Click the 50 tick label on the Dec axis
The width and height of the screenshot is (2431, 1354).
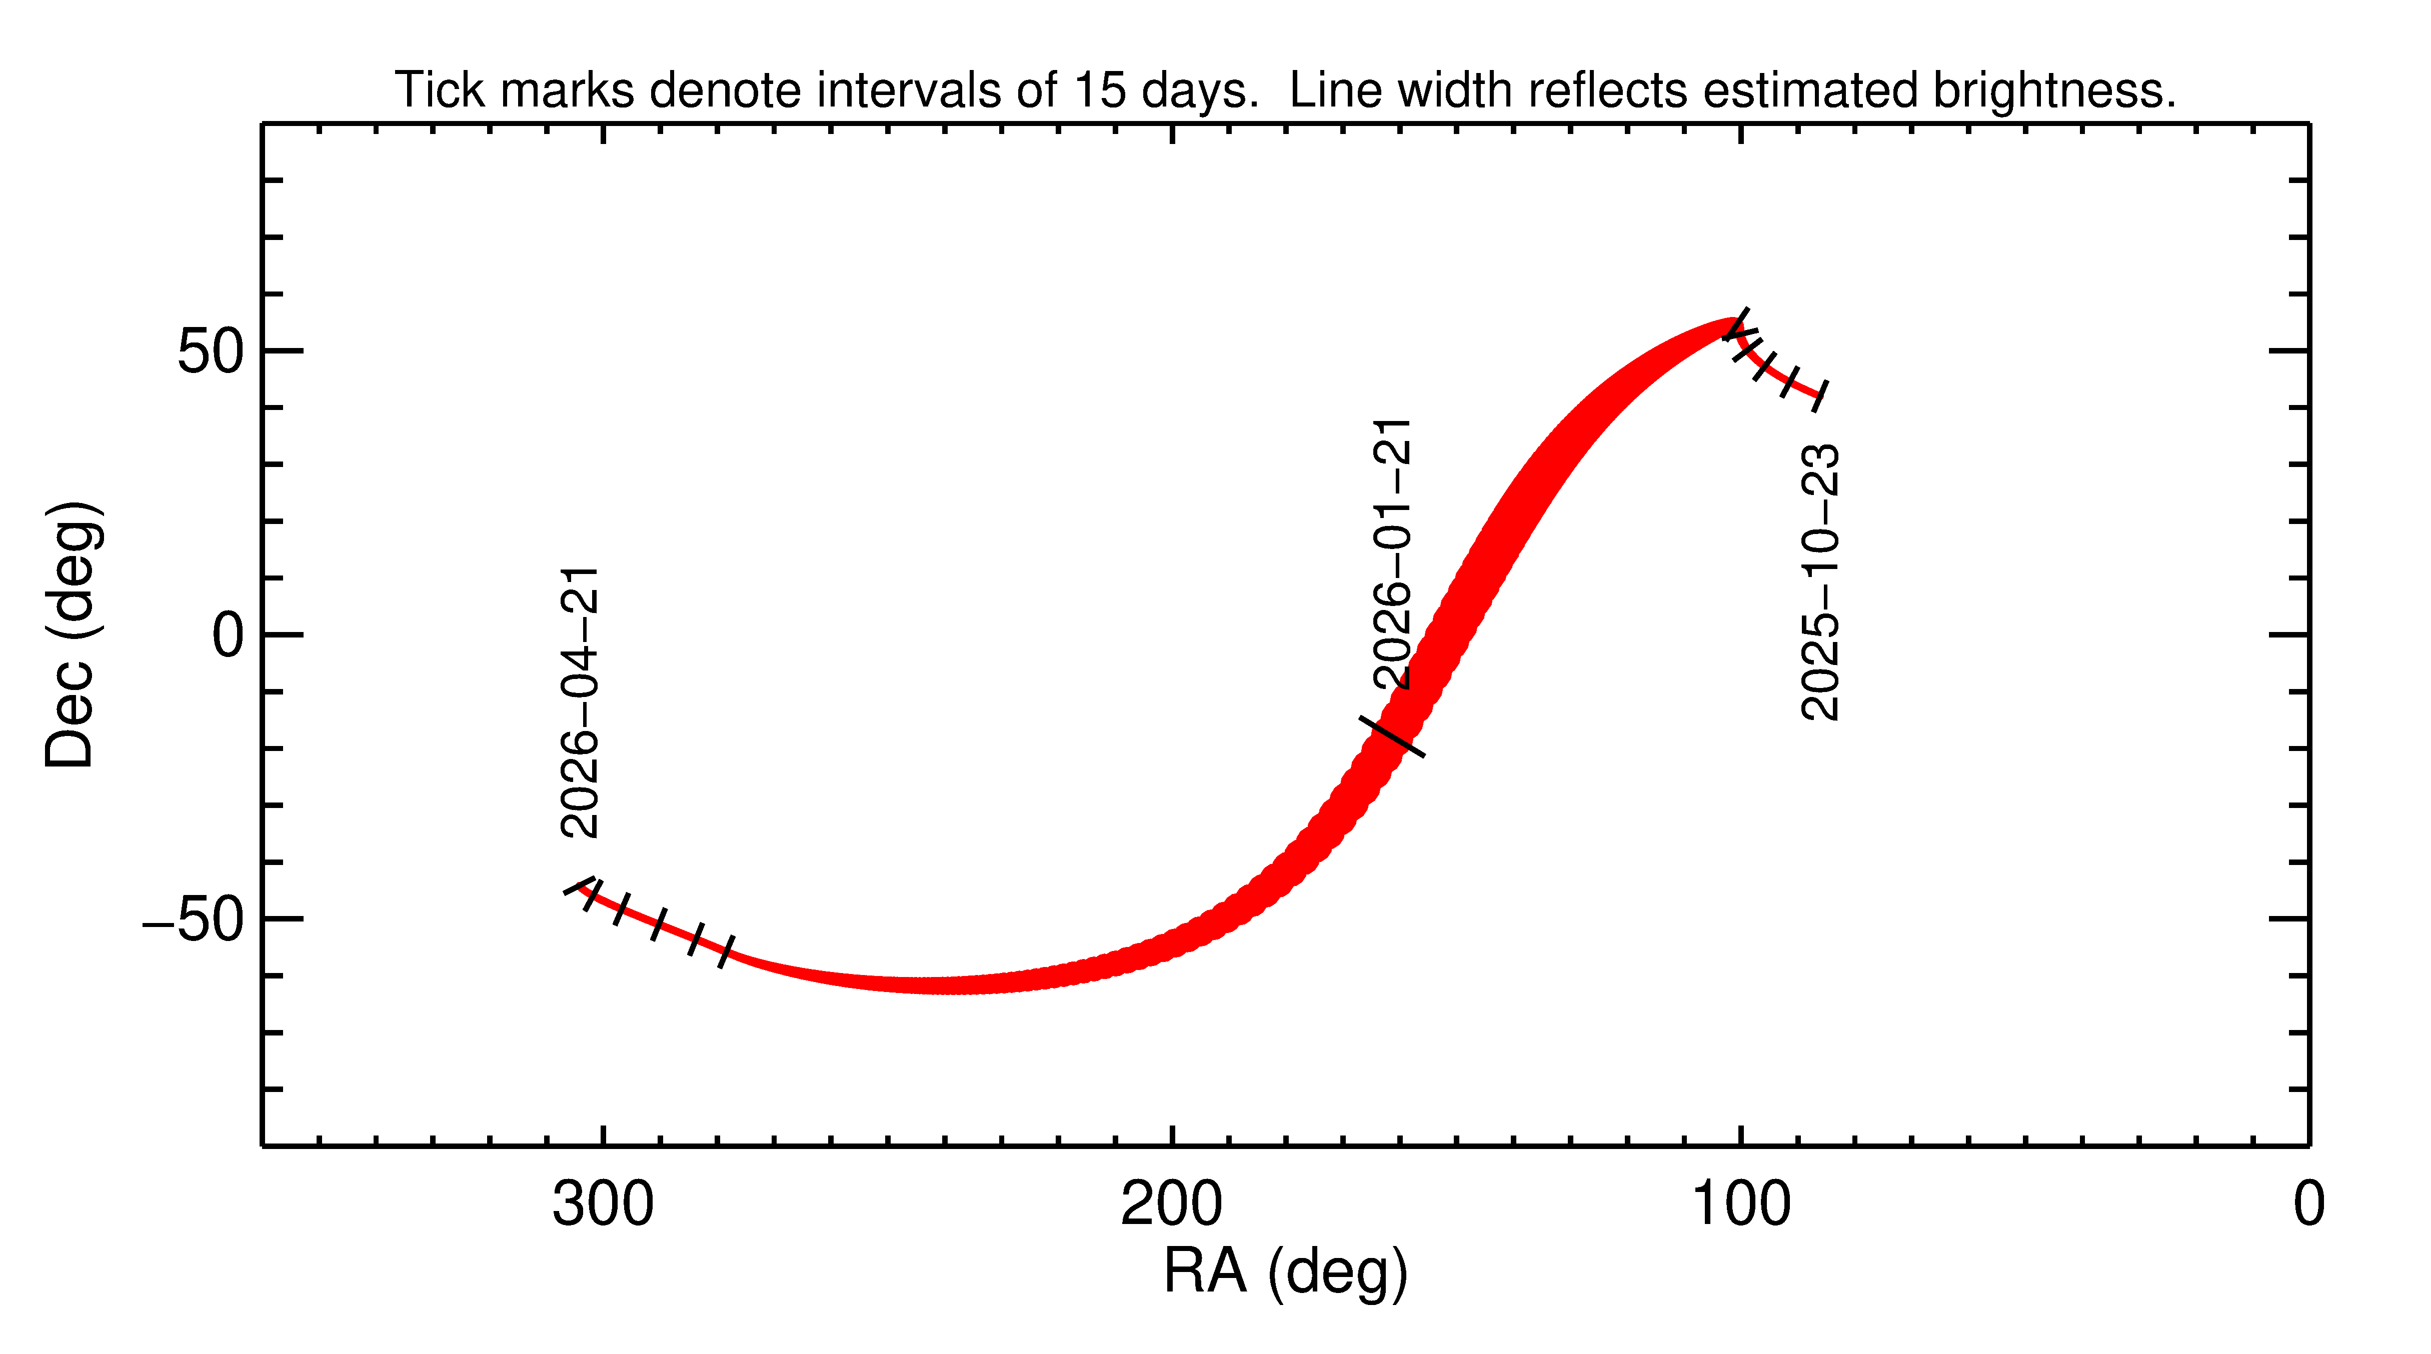(212, 352)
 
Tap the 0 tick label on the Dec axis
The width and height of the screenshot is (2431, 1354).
(229, 636)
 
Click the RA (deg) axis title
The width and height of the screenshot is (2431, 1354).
(1285, 1272)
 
